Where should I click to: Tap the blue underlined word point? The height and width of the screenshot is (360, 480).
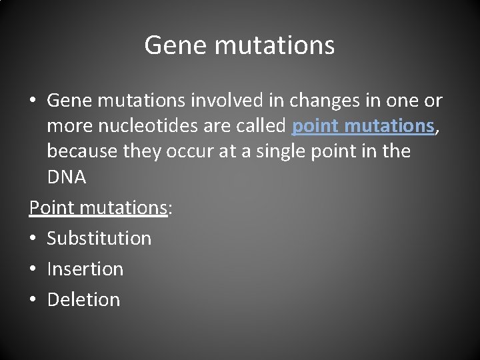316,126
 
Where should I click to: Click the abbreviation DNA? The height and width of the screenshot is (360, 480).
67,177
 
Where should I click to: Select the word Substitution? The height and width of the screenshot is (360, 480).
99,238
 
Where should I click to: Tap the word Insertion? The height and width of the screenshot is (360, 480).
85,269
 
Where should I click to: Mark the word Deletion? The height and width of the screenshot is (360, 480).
83,299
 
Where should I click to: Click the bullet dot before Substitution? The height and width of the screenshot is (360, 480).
33,239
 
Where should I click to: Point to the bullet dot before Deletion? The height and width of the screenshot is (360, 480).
33,300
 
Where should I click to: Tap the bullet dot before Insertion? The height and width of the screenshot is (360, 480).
33,269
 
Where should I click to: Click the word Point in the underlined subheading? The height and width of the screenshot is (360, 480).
51,207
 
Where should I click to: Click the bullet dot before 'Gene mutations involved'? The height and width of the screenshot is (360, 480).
33,101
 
